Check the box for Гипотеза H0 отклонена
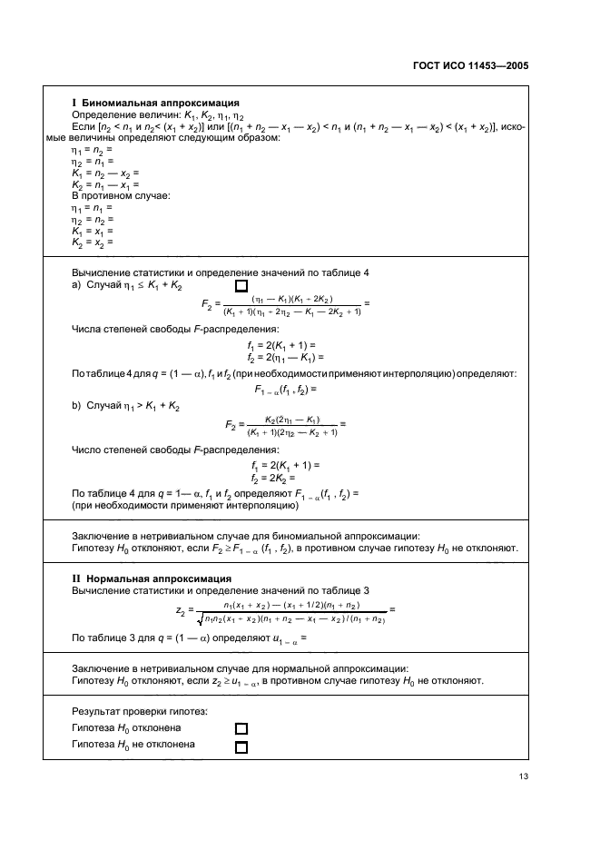241,728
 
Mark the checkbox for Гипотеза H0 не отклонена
241,746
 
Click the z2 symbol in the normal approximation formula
182,611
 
